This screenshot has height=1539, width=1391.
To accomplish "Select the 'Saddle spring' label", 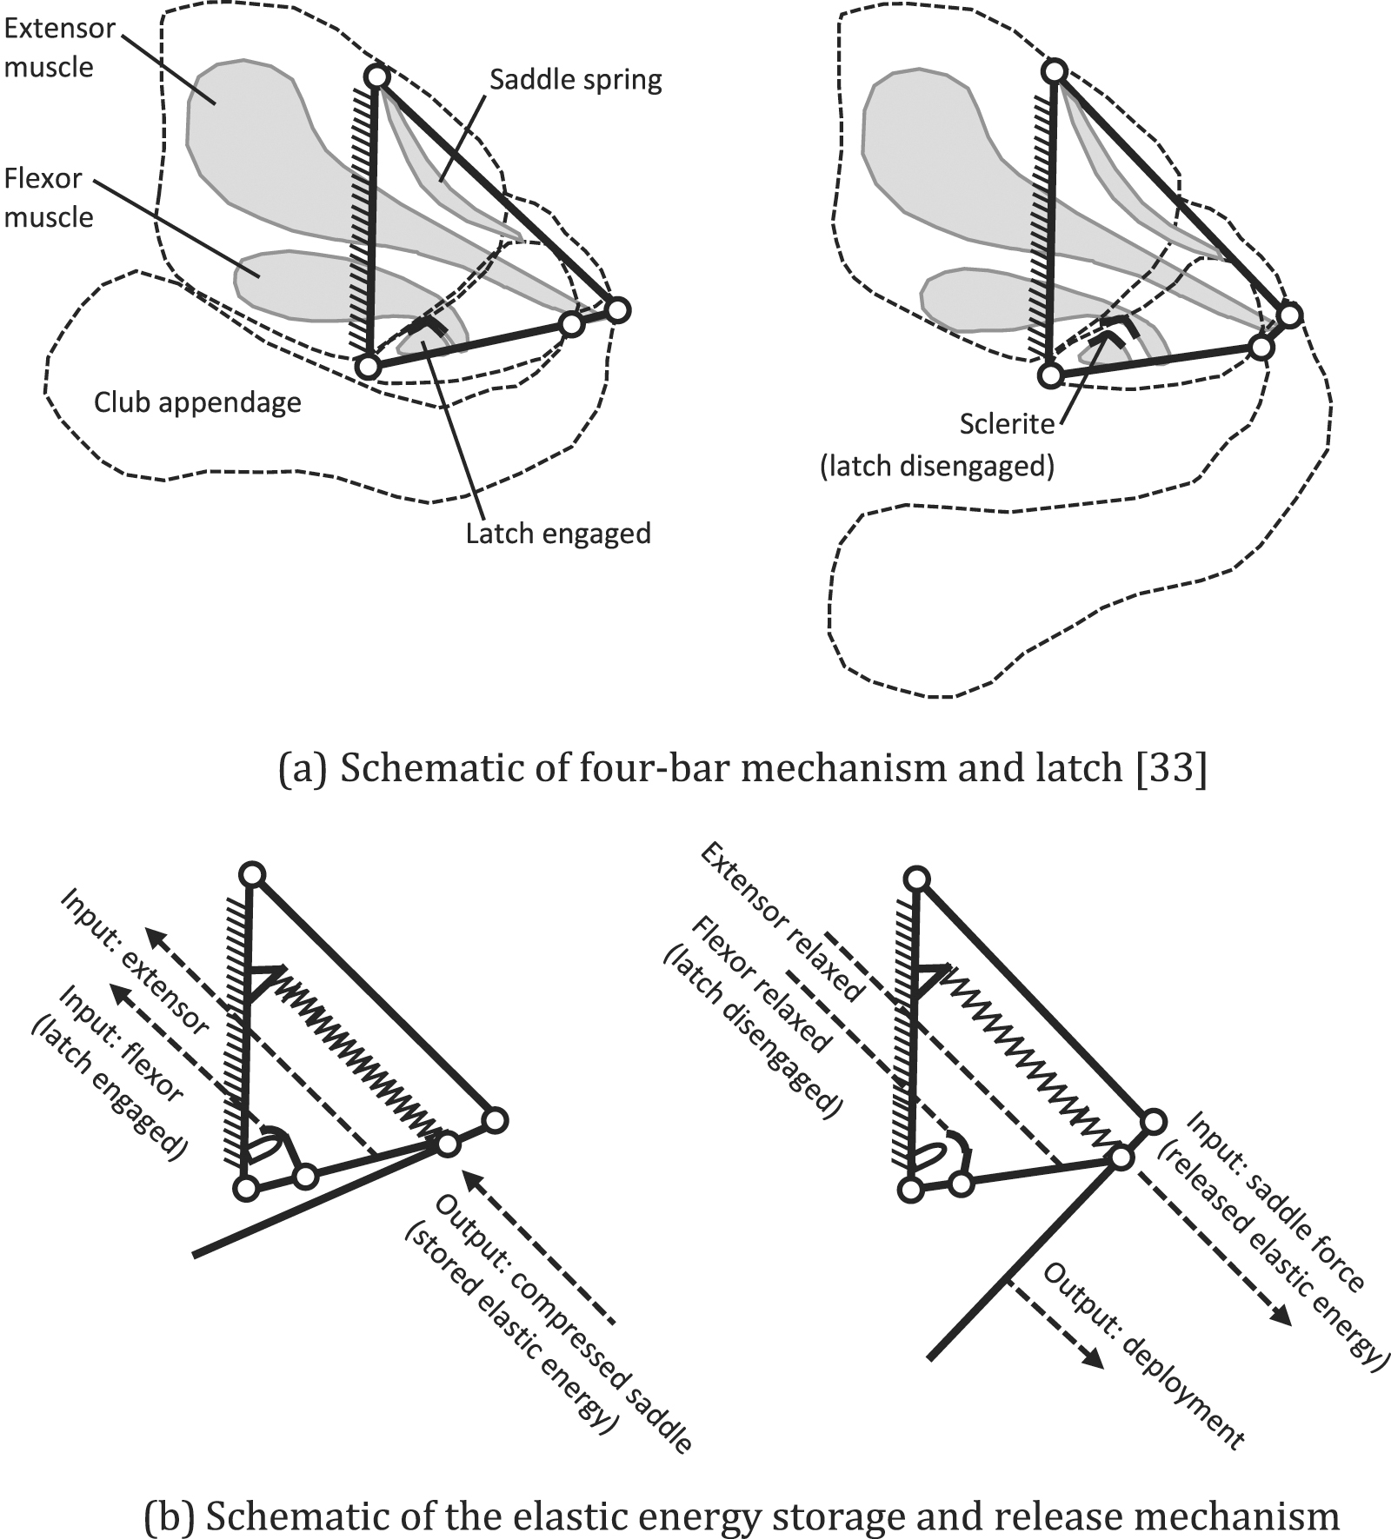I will click(575, 81).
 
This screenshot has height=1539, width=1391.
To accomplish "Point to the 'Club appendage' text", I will click(197, 402).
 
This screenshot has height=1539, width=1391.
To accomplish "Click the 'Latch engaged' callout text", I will click(557, 532).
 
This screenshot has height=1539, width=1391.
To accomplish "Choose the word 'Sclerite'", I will click(1007, 424).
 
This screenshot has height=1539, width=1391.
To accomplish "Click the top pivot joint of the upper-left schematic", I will click(376, 77).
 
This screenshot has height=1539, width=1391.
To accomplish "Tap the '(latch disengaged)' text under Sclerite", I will click(936, 467).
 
